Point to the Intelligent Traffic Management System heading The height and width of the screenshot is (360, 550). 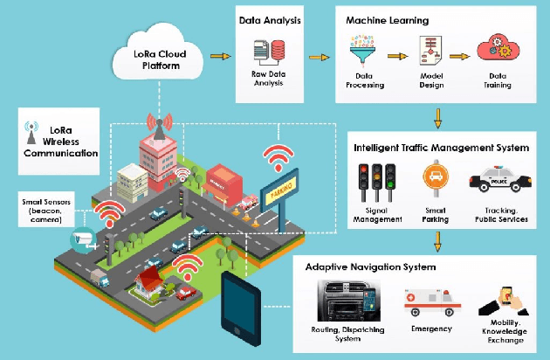pyautogui.click(x=441, y=148)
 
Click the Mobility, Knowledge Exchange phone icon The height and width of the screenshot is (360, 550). pyautogui.click(x=507, y=300)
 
